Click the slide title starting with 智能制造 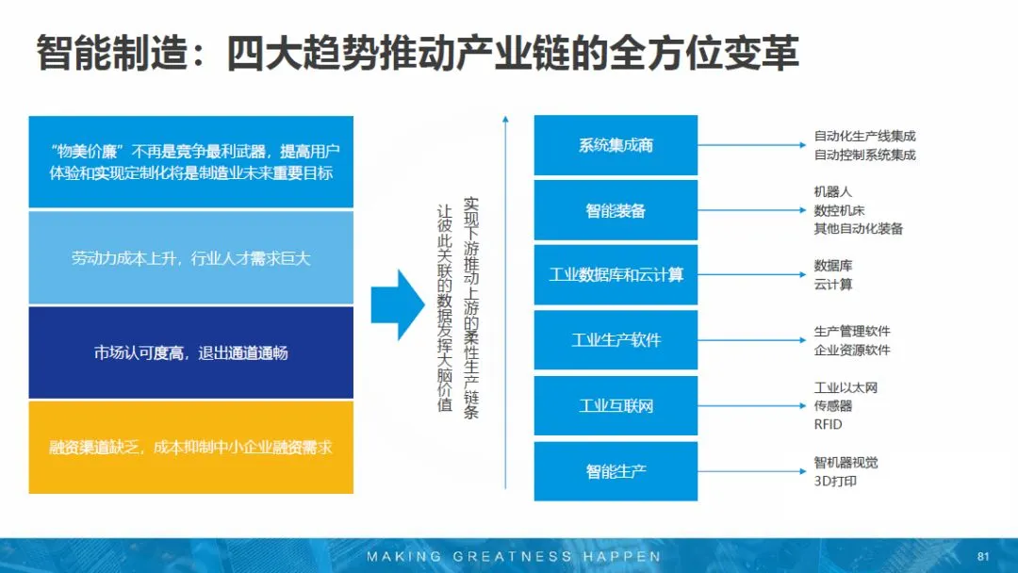pos(417,55)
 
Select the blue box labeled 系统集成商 pos(616,145)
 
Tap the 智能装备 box pos(616,210)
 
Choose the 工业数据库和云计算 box pos(616,275)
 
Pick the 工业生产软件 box pos(616,340)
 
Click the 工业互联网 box pos(616,405)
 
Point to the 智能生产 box pos(616,470)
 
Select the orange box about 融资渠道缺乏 pos(191,448)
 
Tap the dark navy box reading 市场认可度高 pos(191,353)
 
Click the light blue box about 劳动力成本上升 pos(191,257)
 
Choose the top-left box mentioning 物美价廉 pos(191,161)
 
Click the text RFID pos(828,425)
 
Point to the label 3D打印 pos(835,482)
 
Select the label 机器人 pos(833,192)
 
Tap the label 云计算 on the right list pos(833,285)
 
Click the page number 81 pos(983,555)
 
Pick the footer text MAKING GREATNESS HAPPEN pos(514,556)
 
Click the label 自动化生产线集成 pos(864,137)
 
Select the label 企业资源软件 pos(852,350)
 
